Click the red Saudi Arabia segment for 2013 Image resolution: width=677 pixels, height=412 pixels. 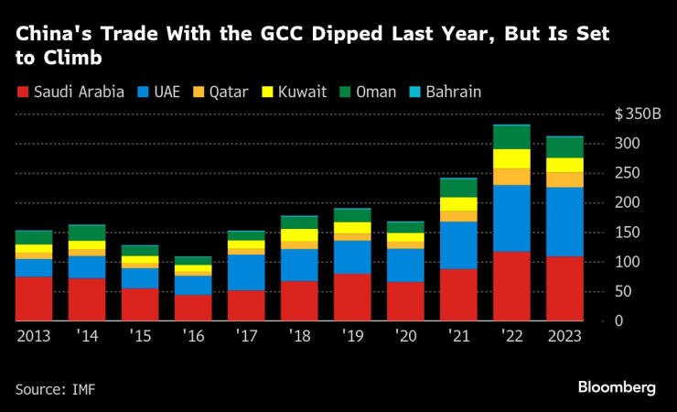tap(34, 298)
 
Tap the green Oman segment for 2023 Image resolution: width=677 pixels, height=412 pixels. tap(564, 146)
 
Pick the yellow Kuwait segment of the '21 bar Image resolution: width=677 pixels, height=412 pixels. tap(459, 203)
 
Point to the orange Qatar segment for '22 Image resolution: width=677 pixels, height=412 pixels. tap(512, 177)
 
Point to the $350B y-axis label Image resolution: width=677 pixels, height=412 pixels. tap(638, 114)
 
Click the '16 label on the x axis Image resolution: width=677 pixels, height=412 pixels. tap(192, 337)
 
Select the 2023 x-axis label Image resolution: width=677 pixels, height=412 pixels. tap(564, 337)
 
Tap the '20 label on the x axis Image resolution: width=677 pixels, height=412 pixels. tap(405, 337)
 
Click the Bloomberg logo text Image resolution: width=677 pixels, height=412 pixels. tap(617, 387)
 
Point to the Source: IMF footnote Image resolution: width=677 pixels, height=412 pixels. tap(55, 389)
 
